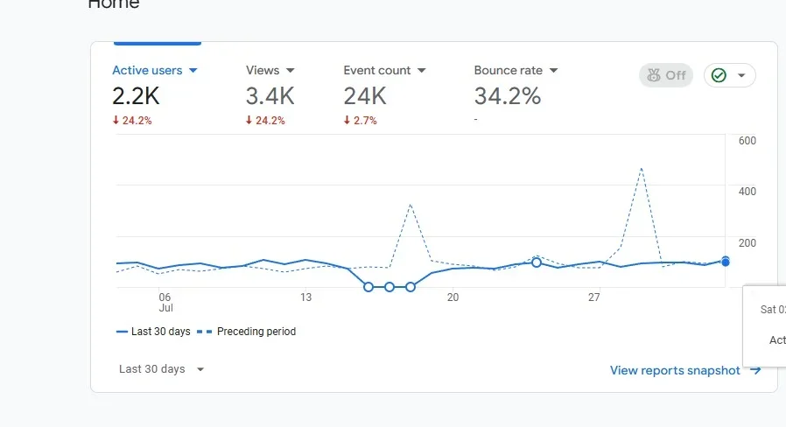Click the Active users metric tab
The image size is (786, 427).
tap(155, 70)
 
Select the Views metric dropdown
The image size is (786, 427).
tap(270, 70)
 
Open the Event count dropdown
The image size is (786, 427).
tap(384, 70)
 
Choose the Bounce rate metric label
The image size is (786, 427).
tap(508, 70)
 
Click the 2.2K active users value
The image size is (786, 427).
tap(136, 95)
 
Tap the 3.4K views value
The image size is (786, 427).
tap(270, 95)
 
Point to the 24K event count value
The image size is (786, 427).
tap(365, 95)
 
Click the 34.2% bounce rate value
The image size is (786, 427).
tap(508, 95)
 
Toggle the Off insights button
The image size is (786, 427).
tap(665, 75)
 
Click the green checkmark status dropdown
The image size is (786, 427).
tap(729, 75)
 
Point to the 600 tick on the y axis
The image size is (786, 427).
tap(747, 141)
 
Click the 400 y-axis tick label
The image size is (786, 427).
tap(747, 191)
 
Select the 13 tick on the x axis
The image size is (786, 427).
tap(305, 297)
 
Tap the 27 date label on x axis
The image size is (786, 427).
tap(593, 297)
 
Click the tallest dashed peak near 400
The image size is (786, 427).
tap(642, 168)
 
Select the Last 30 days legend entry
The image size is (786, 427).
tap(153, 332)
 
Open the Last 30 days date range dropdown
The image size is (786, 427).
tap(162, 369)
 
